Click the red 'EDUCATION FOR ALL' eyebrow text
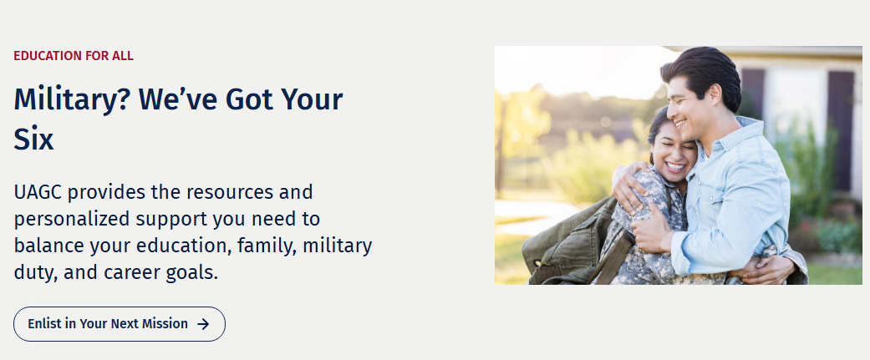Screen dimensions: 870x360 tap(74, 56)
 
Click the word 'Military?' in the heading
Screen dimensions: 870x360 tap(71, 100)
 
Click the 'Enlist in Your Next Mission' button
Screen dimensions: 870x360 tap(120, 324)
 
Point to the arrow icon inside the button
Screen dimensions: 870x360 tap(204, 324)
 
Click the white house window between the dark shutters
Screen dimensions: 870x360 tap(795, 105)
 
